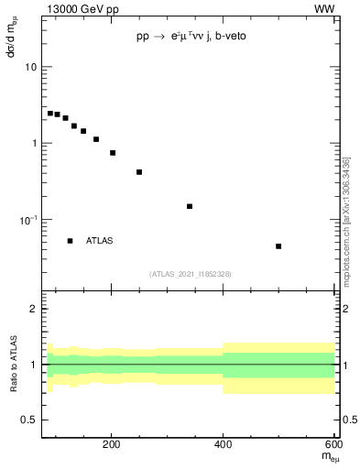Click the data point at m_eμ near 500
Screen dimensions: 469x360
(278, 246)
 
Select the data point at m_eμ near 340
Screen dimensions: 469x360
(190, 206)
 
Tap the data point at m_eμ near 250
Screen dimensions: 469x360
(139, 172)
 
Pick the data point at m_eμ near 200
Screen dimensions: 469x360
(113, 153)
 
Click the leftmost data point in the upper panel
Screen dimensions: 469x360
(50, 114)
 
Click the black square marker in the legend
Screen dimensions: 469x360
(70, 241)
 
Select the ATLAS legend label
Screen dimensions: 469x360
(100, 241)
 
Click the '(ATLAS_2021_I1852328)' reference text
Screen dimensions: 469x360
(191, 274)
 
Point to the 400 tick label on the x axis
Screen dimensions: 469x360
(223, 446)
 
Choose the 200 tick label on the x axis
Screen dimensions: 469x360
(111, 446)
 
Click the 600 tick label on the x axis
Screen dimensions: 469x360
(332, 446)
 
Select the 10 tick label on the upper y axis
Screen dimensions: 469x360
(31, 68)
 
